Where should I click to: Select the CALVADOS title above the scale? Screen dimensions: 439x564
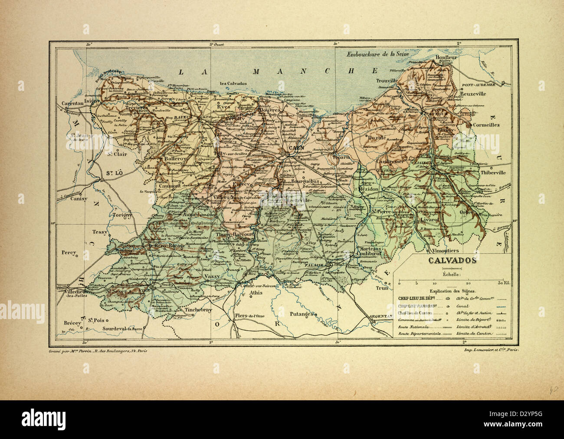453,261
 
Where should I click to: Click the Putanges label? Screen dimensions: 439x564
302,313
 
